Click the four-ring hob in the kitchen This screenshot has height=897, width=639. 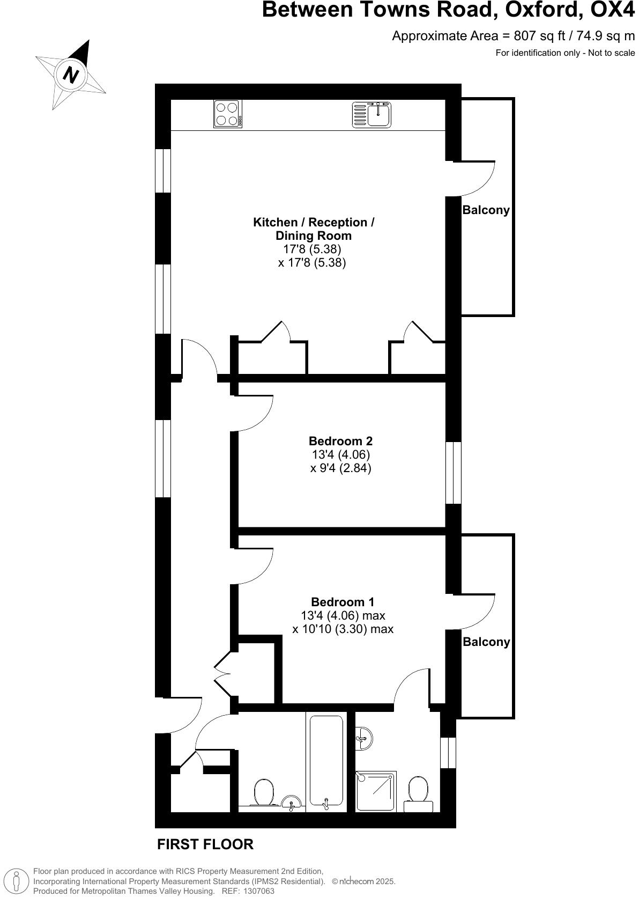coord(227,114)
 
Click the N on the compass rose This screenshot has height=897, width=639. coord(70,74)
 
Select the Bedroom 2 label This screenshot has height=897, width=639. coord(340,441)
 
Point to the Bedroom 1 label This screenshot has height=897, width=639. coord(343,602)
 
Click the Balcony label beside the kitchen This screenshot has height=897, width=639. coord(486,210)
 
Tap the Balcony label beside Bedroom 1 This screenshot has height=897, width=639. coord(486,642)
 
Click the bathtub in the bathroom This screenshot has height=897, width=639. coord(325,760)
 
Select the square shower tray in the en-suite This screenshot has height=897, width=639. coord(376,792)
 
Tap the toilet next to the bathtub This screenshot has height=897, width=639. coord(263,792)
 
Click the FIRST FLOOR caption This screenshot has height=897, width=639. coord(205,844)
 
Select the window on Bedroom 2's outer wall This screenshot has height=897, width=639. coord(454,473)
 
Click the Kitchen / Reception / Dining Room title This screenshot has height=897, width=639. coord(314,229)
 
